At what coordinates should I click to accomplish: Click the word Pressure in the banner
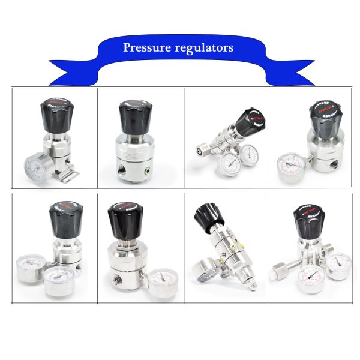coord(145,47)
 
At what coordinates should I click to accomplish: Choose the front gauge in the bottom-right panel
coord(311,277)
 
